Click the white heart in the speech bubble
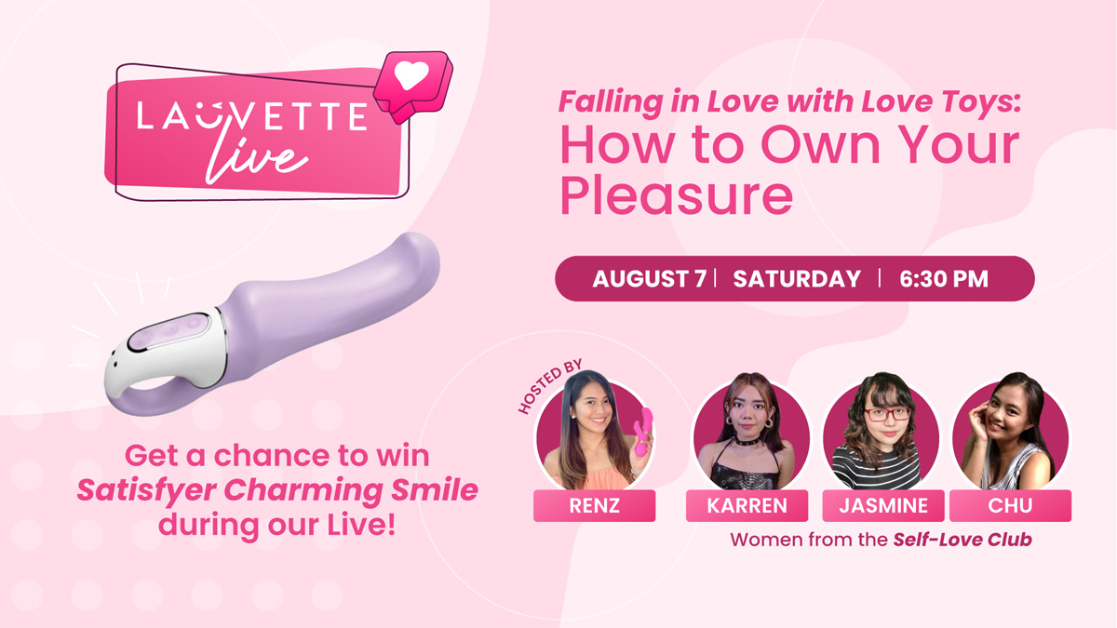(411, 75)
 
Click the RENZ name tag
(595, 505)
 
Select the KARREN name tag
(747, 505)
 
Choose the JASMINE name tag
(883, 505)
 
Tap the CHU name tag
(1010, 505)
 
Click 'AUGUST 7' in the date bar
(650, 278)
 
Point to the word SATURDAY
(797, 278)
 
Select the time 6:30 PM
(944, 278)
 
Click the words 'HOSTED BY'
(550, 386)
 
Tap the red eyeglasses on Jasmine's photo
(887, 414)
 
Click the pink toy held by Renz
(643, 431)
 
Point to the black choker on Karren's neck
(747, 441)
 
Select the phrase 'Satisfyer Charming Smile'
(277, 490)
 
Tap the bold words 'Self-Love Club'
(962, 540)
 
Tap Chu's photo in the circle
(1010, 434)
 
